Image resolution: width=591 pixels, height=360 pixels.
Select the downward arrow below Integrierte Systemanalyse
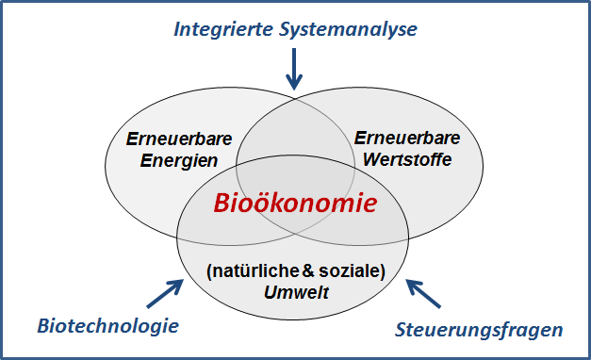[295, 70]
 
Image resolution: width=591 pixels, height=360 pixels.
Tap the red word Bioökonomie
[295, 203]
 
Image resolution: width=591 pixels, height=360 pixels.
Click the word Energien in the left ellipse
[172, 160]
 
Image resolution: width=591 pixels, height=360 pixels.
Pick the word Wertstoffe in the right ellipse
[405, 159]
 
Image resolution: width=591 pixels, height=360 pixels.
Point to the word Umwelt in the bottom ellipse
[297, 291]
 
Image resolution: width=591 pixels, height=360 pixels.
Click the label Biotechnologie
[107, 326]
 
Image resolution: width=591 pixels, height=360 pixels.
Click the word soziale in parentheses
[353, 272]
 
